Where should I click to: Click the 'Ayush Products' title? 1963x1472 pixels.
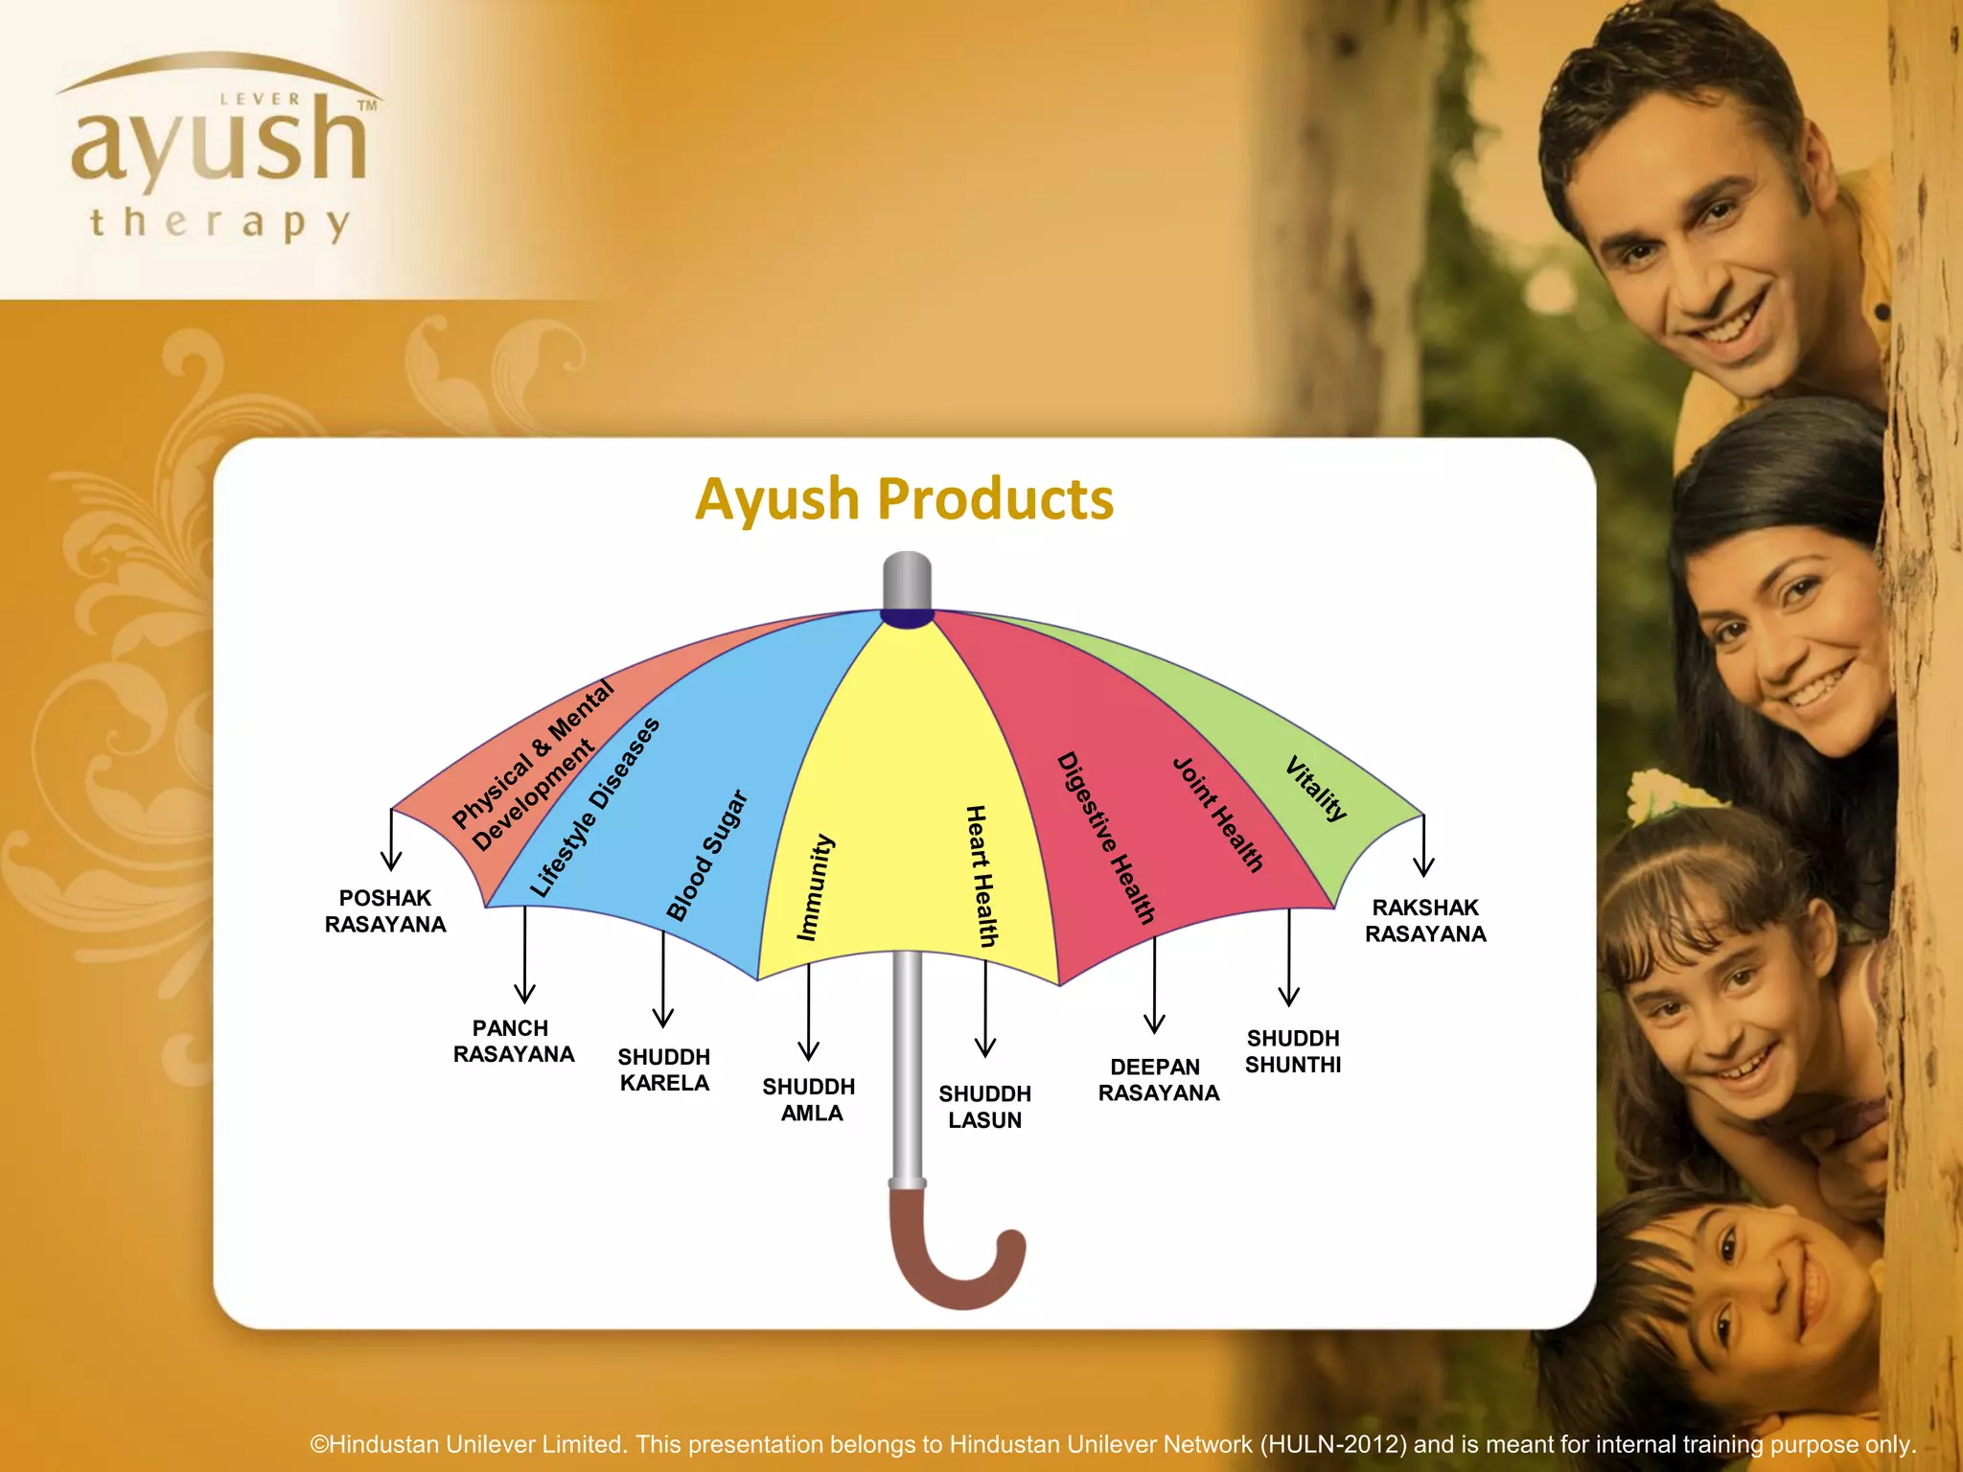point(904,499)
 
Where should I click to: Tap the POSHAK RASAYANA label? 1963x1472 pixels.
point(385,911)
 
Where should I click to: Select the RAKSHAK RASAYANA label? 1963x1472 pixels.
point(1425,921)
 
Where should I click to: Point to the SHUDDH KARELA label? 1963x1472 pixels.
point(664,1069)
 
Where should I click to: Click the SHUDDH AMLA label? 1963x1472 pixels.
point(810,1099)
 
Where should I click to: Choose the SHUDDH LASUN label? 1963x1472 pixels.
point(985,1107)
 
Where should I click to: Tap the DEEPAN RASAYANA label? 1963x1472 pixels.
point(1158,1080)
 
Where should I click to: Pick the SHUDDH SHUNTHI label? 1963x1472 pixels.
point(1293,1051)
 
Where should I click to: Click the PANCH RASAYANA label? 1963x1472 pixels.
point(513,1041)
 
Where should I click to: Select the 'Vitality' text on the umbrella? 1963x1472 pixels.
point(1316,789)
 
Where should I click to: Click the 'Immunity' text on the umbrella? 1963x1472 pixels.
point(815,887)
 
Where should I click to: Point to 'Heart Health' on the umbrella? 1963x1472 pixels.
point(981,876)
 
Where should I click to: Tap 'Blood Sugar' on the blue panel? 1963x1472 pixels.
point(706,856)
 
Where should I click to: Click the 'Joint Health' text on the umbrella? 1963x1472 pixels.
point(1218,815)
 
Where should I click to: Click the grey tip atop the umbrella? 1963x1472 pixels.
point(907,579)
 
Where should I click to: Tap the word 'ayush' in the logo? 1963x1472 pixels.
point(219,144)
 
